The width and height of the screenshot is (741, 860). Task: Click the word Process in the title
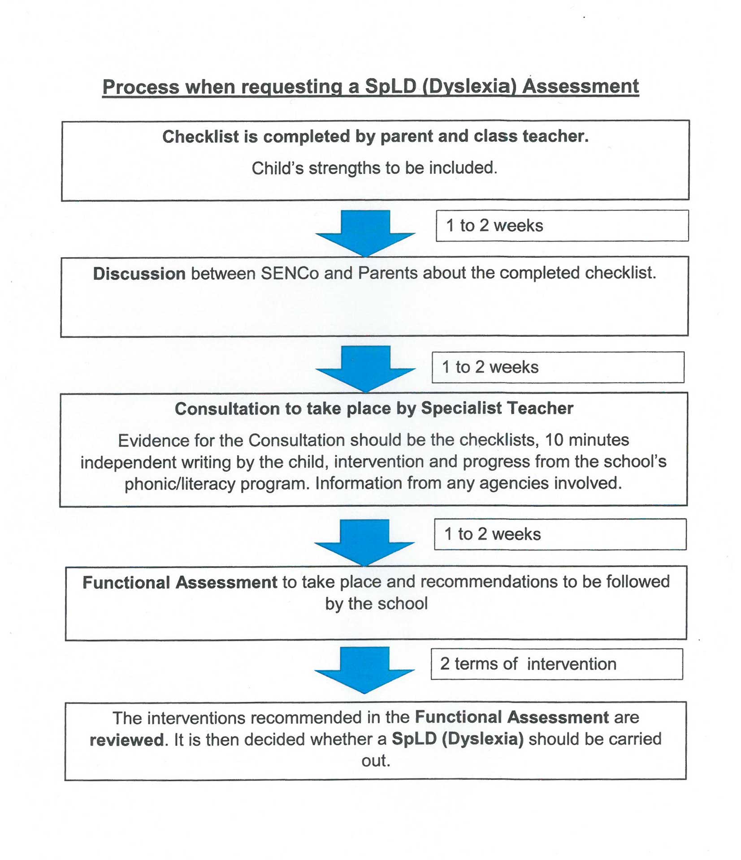[140, 86]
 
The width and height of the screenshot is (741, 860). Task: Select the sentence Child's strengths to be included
[374, 168]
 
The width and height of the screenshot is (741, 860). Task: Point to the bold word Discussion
[139, 273]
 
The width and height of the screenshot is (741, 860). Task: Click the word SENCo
[290, 273]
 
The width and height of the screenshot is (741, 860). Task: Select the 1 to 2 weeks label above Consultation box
[490, 367]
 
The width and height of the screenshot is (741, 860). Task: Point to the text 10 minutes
[587, 440]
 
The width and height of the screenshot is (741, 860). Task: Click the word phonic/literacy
[180, 484]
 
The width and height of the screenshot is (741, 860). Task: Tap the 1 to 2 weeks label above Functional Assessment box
[492, 534]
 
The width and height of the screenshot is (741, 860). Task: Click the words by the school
[376, 603]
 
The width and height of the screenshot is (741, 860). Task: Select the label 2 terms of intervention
[528, 664]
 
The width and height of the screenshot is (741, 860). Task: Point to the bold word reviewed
[126, 740]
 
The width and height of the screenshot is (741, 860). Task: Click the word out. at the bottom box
[376, 761]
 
